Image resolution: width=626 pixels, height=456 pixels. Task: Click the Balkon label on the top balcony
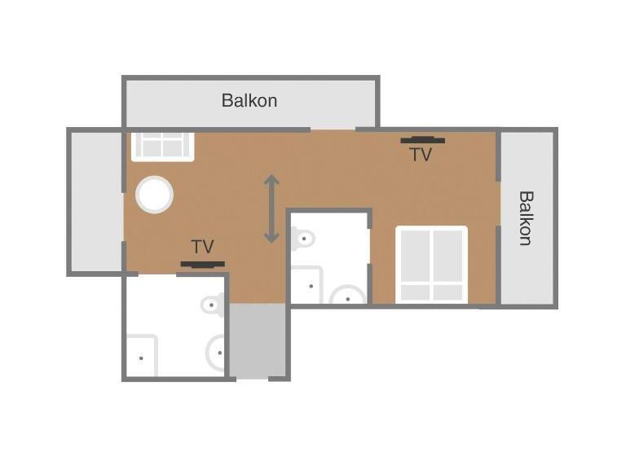[x=249, y=100]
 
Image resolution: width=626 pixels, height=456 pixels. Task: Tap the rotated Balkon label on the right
[x=527, y=218]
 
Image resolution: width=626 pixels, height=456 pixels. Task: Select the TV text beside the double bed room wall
[x=421, y=155]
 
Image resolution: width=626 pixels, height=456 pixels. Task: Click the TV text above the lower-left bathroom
[x=202, y=247]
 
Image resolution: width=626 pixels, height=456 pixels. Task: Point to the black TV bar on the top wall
[x=423, y=139]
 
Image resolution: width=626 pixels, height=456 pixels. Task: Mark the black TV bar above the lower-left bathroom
[x=203, y=264]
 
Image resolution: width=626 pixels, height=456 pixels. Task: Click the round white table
[x=155, y=195]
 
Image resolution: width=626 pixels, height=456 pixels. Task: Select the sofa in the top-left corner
[x=163, y=147]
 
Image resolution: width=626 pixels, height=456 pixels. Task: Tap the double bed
[x=431, y=265]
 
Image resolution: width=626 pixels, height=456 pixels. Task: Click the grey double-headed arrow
[x=271, y=208]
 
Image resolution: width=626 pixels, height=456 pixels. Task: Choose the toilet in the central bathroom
[x=303, y=239]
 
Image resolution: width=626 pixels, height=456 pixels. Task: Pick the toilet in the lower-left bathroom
[x=213, y=305]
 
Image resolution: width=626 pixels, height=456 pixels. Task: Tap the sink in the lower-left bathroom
[x=215, y=353]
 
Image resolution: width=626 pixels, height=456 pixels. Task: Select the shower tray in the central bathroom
[x=306, y=284]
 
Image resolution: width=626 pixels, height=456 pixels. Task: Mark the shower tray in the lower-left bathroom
[x=142, y=356]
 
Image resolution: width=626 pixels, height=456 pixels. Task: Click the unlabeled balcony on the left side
[x=96, y=202]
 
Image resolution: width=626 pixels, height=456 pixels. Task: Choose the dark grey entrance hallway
[x=257, y=340]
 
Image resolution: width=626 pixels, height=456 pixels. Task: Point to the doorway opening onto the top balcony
[x=333, y=129]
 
